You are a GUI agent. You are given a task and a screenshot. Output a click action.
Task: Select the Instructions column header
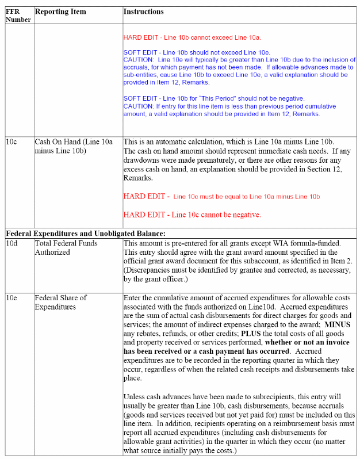[143, 12]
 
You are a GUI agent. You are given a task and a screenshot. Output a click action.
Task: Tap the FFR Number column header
[18, 16]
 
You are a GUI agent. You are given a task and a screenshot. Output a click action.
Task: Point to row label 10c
[12, 141]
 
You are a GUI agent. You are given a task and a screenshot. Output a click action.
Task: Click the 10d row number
[12, 243]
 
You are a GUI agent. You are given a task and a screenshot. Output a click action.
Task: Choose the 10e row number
[12, 297]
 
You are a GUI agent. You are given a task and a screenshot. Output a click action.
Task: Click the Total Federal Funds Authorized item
[66, 247]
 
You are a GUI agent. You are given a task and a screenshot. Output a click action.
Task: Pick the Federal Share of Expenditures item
[60, 302]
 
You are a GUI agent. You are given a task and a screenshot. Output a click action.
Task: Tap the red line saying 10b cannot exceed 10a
[192, 37]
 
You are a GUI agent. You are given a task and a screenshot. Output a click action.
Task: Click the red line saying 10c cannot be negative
[192, 215]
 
